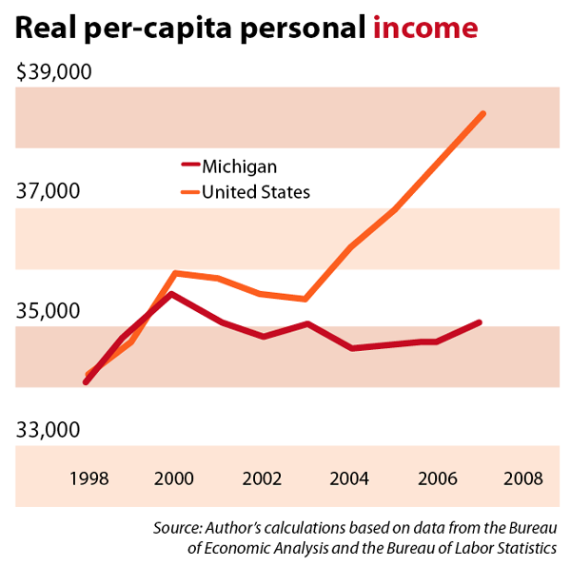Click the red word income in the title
click(424, 29)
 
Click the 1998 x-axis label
click(87, 478)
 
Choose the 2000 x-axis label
click(175, 478)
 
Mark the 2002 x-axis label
click(262, 478)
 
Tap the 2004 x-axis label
click(349, 478)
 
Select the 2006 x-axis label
click(437, 478)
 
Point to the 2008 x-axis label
click(523, 478)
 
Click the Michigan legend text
click(239, 166)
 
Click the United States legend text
click(256, 192)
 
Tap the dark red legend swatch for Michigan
click(187, 166)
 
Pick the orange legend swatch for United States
click(187, 192)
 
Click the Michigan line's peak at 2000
click(171, 294)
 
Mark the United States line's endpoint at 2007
click(483, 114)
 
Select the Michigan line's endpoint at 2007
click(480, 322)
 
